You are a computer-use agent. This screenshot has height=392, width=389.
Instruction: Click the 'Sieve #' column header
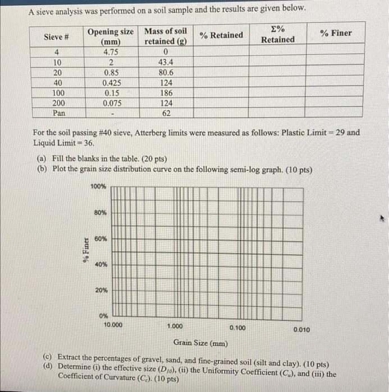[x=56, y=37]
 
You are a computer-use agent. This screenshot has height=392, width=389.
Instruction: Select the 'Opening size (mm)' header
[x=110, y=36]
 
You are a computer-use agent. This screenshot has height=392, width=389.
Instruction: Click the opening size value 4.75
[x=110, y=53]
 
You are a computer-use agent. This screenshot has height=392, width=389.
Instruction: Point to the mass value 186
[x=166, y=93]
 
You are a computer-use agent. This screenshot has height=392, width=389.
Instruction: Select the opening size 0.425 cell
[x=110, y=83]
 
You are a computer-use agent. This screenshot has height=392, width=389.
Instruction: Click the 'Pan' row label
[x=58, y=113]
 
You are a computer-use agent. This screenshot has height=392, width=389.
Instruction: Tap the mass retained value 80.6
[x=166, y=73]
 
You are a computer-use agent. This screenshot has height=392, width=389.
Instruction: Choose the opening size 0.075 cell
[x=110, y=103]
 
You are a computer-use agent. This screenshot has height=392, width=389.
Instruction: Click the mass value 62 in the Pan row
[x=166, y=113]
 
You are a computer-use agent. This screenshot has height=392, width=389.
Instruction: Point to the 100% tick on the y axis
[x=98, y=186]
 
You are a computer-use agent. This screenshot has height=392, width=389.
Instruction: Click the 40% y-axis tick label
[x=100, y=264]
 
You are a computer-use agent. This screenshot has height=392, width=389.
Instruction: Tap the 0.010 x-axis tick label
[x=302, y=330]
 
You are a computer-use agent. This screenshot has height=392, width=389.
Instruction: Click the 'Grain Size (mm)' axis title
[x=200, y=342]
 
